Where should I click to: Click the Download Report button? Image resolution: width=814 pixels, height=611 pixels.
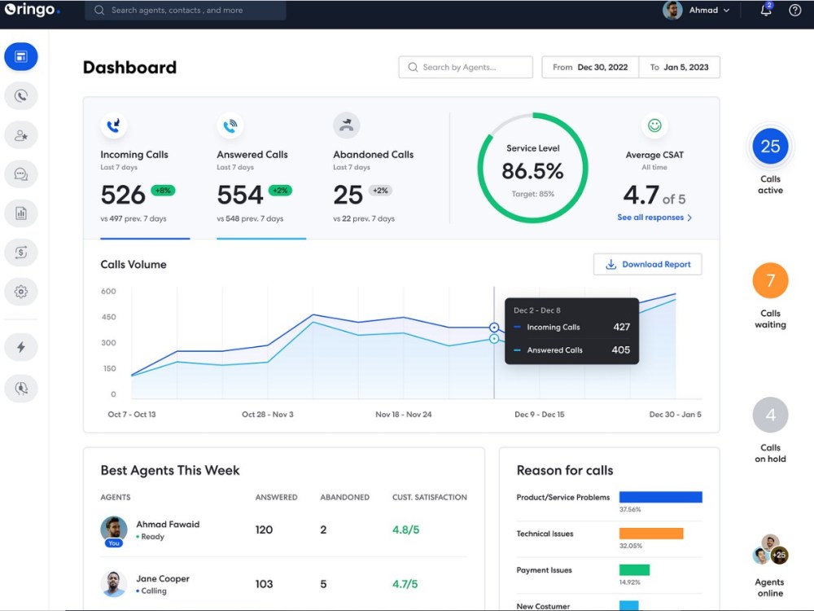(x=648, y=264)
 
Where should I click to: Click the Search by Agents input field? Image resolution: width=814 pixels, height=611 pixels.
(x=466, y=67)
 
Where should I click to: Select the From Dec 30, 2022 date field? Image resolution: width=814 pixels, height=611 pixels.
(x=591, y=67)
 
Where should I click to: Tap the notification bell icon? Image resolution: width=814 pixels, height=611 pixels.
(x=765, y=11)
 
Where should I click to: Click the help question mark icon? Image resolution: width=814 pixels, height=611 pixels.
(x=795, y=11)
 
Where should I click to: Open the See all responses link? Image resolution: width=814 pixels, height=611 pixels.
(x=654, y=218)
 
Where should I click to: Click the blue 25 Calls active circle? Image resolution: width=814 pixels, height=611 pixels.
(x=770, y=147)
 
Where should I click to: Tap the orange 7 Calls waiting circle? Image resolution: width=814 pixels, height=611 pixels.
(x=770, y=281)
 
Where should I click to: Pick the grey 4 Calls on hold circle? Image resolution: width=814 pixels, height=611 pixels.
(x=770, y=415)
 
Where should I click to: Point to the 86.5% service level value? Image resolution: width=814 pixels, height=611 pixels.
(x=533, y=171)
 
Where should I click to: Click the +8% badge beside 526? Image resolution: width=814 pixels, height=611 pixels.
(x=163, y=191)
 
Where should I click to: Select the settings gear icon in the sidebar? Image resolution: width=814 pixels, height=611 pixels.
(x=21, y=291)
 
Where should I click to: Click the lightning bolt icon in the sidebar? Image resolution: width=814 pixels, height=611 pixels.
(x=21, y=347)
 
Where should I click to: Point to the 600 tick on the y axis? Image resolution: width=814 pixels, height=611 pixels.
(x=108, y=291)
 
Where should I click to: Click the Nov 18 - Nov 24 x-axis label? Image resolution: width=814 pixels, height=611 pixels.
(x=404, y=415)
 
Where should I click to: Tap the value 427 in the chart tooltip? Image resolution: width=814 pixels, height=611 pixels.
(x=621, y=327)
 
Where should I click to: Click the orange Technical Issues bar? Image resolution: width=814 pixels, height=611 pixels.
(x=651, y=534)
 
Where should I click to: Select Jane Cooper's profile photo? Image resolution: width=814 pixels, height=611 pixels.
(x=114, y=583)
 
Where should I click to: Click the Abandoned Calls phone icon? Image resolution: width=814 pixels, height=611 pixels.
(x=347, y=125)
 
